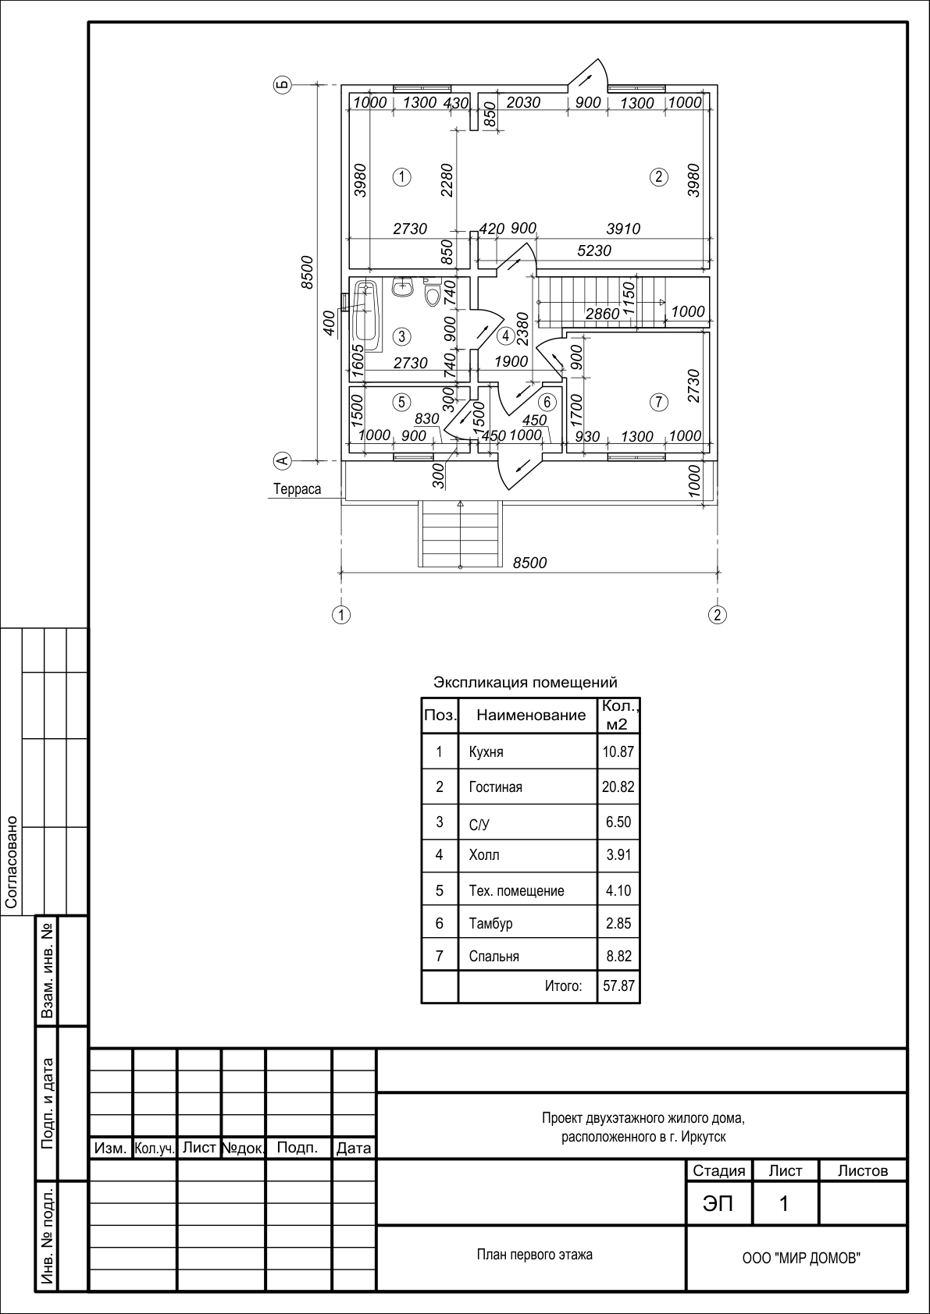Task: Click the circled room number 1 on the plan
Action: click(x=401, y=176)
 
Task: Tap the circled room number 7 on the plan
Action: click(x=659, y=402)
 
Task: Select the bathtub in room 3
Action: click(x=366, y=311)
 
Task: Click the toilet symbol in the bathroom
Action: click(x=433, y=292)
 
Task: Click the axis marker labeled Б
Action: click(x=283, y=86)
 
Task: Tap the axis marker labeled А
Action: click(x=283, y=460)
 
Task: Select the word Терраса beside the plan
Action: click(x=297, y=489)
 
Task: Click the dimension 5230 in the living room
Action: click(x=594, y=250)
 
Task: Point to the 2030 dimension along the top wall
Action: click(x=523, y=103)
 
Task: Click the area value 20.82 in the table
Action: click(x=618, y=787)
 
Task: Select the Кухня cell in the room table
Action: click(x=486, y=752)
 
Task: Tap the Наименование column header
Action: click(x=531, y=715)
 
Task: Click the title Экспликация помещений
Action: click(x=526, y=682)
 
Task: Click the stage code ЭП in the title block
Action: click(x=718, y=1204)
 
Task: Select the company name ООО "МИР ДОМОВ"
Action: click(x=801, y=1274)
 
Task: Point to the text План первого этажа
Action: click(x=534, y=1255)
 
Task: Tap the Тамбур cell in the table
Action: click(x=491, y=923)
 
